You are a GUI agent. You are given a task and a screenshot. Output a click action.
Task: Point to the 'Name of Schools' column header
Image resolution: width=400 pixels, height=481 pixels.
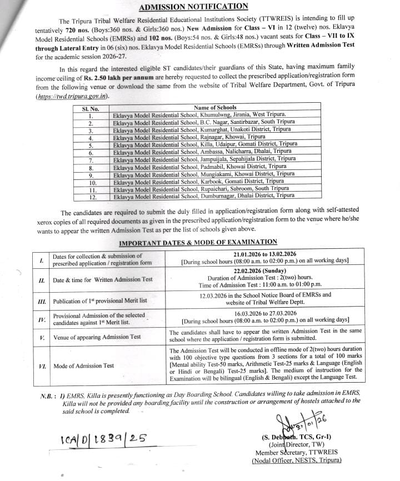point(215,107)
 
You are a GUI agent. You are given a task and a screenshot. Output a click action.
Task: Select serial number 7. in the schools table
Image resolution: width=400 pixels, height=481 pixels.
point(91,159)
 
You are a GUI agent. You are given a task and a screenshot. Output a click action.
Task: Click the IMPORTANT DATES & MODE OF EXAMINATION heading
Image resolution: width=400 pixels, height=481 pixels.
point(198,242)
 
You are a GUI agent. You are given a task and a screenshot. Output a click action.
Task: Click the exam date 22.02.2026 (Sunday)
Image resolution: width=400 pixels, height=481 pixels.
point(264,270)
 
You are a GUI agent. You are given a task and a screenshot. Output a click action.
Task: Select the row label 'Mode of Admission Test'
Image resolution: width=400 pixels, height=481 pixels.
point(83,365)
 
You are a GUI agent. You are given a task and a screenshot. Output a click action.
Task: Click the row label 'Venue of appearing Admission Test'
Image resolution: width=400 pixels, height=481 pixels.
point(97,337)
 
